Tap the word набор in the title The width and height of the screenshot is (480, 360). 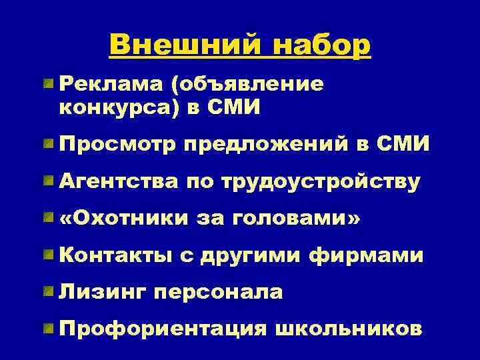point(315,45)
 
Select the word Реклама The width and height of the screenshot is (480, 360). point(109,85)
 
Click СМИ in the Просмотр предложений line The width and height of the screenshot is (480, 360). point(403,143)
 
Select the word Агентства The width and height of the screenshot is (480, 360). point(118,181)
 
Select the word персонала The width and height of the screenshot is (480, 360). point(218,292)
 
